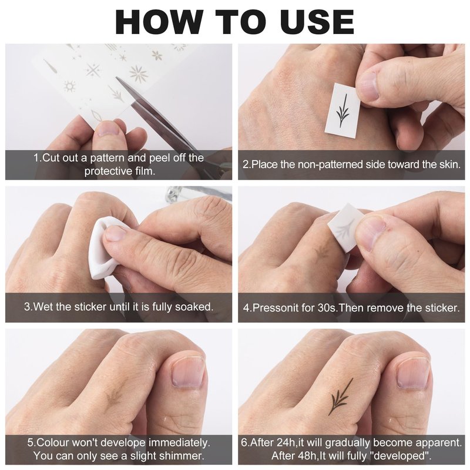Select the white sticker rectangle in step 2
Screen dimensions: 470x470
(343, 110)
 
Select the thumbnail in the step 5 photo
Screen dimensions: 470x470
(188, 372)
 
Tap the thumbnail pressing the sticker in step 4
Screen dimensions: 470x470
(372, 231)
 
